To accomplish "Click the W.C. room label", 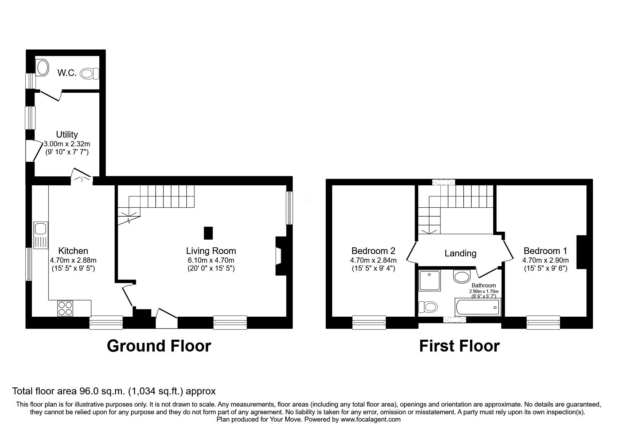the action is [67, 74].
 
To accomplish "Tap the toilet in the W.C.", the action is [90, 74].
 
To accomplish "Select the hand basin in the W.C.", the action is [43, 67].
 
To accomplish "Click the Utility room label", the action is [67, 134].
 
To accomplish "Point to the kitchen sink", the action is [41, 235].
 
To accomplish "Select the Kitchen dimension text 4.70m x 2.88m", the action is [73, 260].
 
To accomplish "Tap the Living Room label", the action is [211, 251].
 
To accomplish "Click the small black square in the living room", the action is [208, 233].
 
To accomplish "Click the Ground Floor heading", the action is [159, 346].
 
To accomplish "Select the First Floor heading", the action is [459, 346].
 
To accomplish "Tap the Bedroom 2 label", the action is [373, 251].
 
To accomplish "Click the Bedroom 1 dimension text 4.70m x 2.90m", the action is [545, 260].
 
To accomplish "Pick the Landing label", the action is [460, 253].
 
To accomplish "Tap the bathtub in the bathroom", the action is [478, 307].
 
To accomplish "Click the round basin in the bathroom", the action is [462, 277].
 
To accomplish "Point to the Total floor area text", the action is [114, 391].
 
